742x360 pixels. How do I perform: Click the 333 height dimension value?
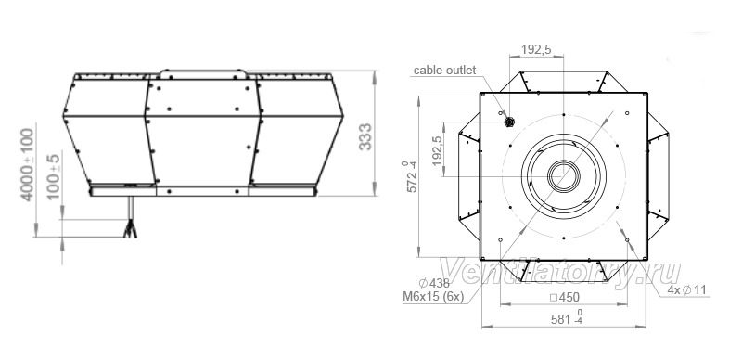pyautogui.click(x=365, y=137)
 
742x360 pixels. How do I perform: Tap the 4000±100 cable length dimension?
pyautogui.click(x=28, y=164)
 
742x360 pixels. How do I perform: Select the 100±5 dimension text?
pyautogui.click(x=54, y=176)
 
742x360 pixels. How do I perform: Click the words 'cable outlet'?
pyautogui.click(x=444, y=71)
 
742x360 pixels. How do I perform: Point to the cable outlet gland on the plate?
pyautogui.click(x=509, y=122)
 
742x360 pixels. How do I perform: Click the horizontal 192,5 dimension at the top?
pyautogui.click(x=536, y=49)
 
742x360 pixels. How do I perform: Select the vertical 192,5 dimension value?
pyautogui.click(x=436, y=150)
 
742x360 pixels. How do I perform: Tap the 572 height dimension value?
pyautogui.click(x=411, y=176)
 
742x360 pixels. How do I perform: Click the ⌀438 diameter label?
pyautogui.click(x=434, y=283)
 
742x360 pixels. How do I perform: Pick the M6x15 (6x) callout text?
pyautogui.click(x=433, y=297)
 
